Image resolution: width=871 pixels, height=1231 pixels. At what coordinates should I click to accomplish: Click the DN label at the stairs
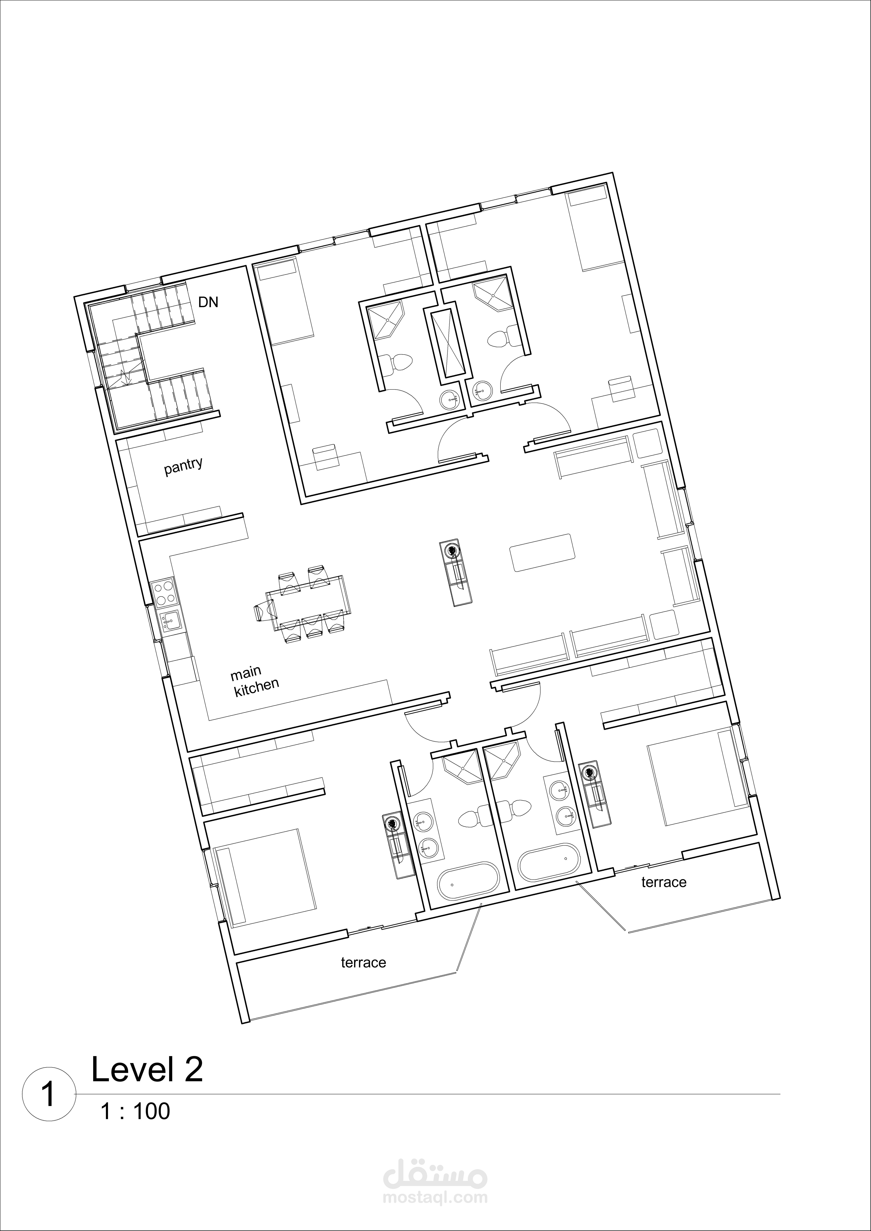pos(208,302)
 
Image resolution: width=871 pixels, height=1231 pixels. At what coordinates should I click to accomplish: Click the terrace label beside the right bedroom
pos(663,882)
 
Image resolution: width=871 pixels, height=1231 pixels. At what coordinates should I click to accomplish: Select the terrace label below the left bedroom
pos(363,962)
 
